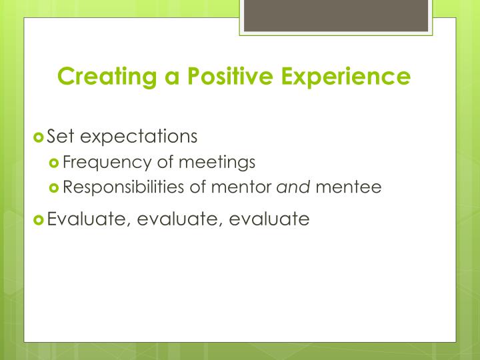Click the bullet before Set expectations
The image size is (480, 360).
[39, 137]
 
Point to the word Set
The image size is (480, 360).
[59, 137]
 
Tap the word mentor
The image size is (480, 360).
[239, 188]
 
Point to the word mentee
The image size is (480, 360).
[348, 188]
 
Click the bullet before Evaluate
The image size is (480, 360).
[39, 219]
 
